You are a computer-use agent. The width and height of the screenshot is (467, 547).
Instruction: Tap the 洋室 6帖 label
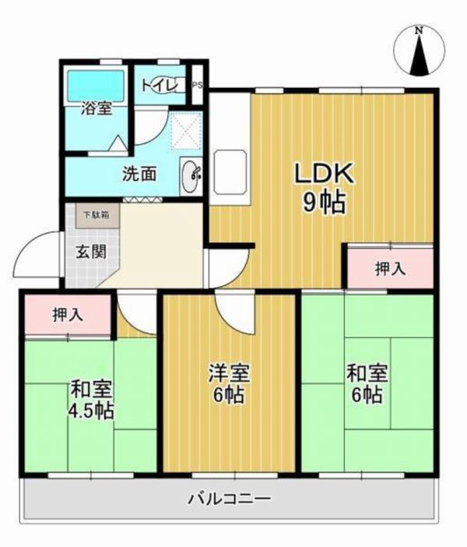click(x=229, y=383)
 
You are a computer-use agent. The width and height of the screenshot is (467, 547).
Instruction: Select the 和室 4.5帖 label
click(x=91, y=400)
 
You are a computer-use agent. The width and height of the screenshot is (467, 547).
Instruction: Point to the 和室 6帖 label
click(x=367, y=383)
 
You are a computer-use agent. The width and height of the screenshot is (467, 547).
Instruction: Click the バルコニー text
click(x=230, y=499)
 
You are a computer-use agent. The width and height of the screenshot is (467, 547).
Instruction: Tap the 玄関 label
click(x=91, y=251)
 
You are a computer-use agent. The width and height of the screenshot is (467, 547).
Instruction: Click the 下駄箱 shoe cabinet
click(x=98, y=216)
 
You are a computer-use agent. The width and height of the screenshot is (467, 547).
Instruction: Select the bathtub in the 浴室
click(x=96, y=86)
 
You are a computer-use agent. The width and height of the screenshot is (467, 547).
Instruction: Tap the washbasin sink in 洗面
click(x=190, y=176)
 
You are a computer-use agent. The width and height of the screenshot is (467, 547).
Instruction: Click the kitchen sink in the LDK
click(x=230, y=172)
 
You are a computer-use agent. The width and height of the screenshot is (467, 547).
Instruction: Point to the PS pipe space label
click(x=197, y=85)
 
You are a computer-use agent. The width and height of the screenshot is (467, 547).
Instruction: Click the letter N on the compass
click(x=420, y=30)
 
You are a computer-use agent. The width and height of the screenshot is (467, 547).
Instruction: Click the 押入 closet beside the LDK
click(x=390, y=268)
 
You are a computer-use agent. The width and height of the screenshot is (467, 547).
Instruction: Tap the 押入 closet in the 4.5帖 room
click(x=68, y=314)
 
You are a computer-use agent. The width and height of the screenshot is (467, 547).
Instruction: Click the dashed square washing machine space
click(x=187, y=130)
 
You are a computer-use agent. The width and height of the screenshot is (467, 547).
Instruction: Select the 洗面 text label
click(x=139, y=174)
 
